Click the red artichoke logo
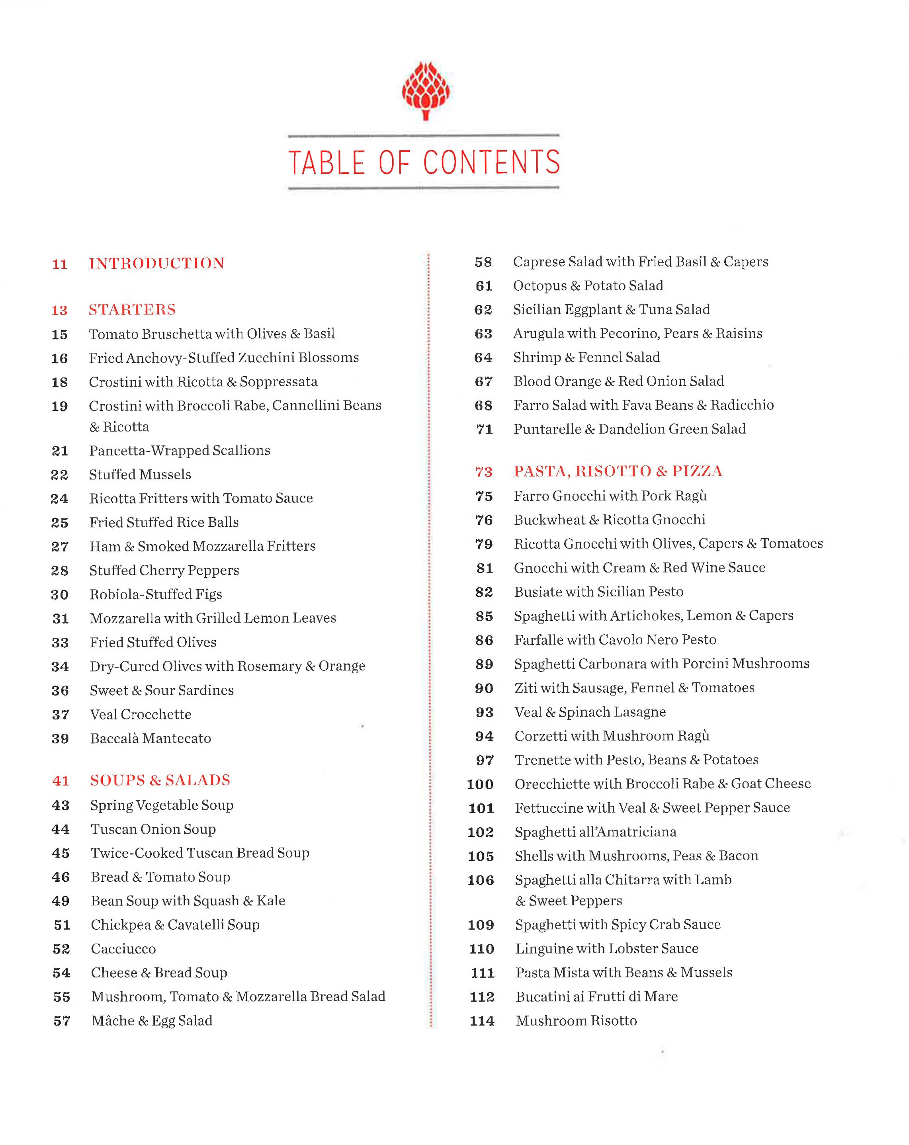point(426,90)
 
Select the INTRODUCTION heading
point(157,264)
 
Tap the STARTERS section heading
point(132,310)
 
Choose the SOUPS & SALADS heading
point(160,780)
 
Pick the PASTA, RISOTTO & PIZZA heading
point(618,471)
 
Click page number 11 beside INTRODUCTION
point(60,264)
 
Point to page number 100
point(480,784)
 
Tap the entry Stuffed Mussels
point(140,474)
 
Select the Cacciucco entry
point(123,948)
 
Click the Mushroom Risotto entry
point(577,1020)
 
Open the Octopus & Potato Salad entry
point(588,286)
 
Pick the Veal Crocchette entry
point(141,714)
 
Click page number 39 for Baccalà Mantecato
point(60,739)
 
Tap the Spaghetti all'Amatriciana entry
point(596,832)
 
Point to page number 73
point(483,472)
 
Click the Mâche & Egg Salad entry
point(152,1020)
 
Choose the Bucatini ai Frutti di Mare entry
point(596,996)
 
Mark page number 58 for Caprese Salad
point(483,262)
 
